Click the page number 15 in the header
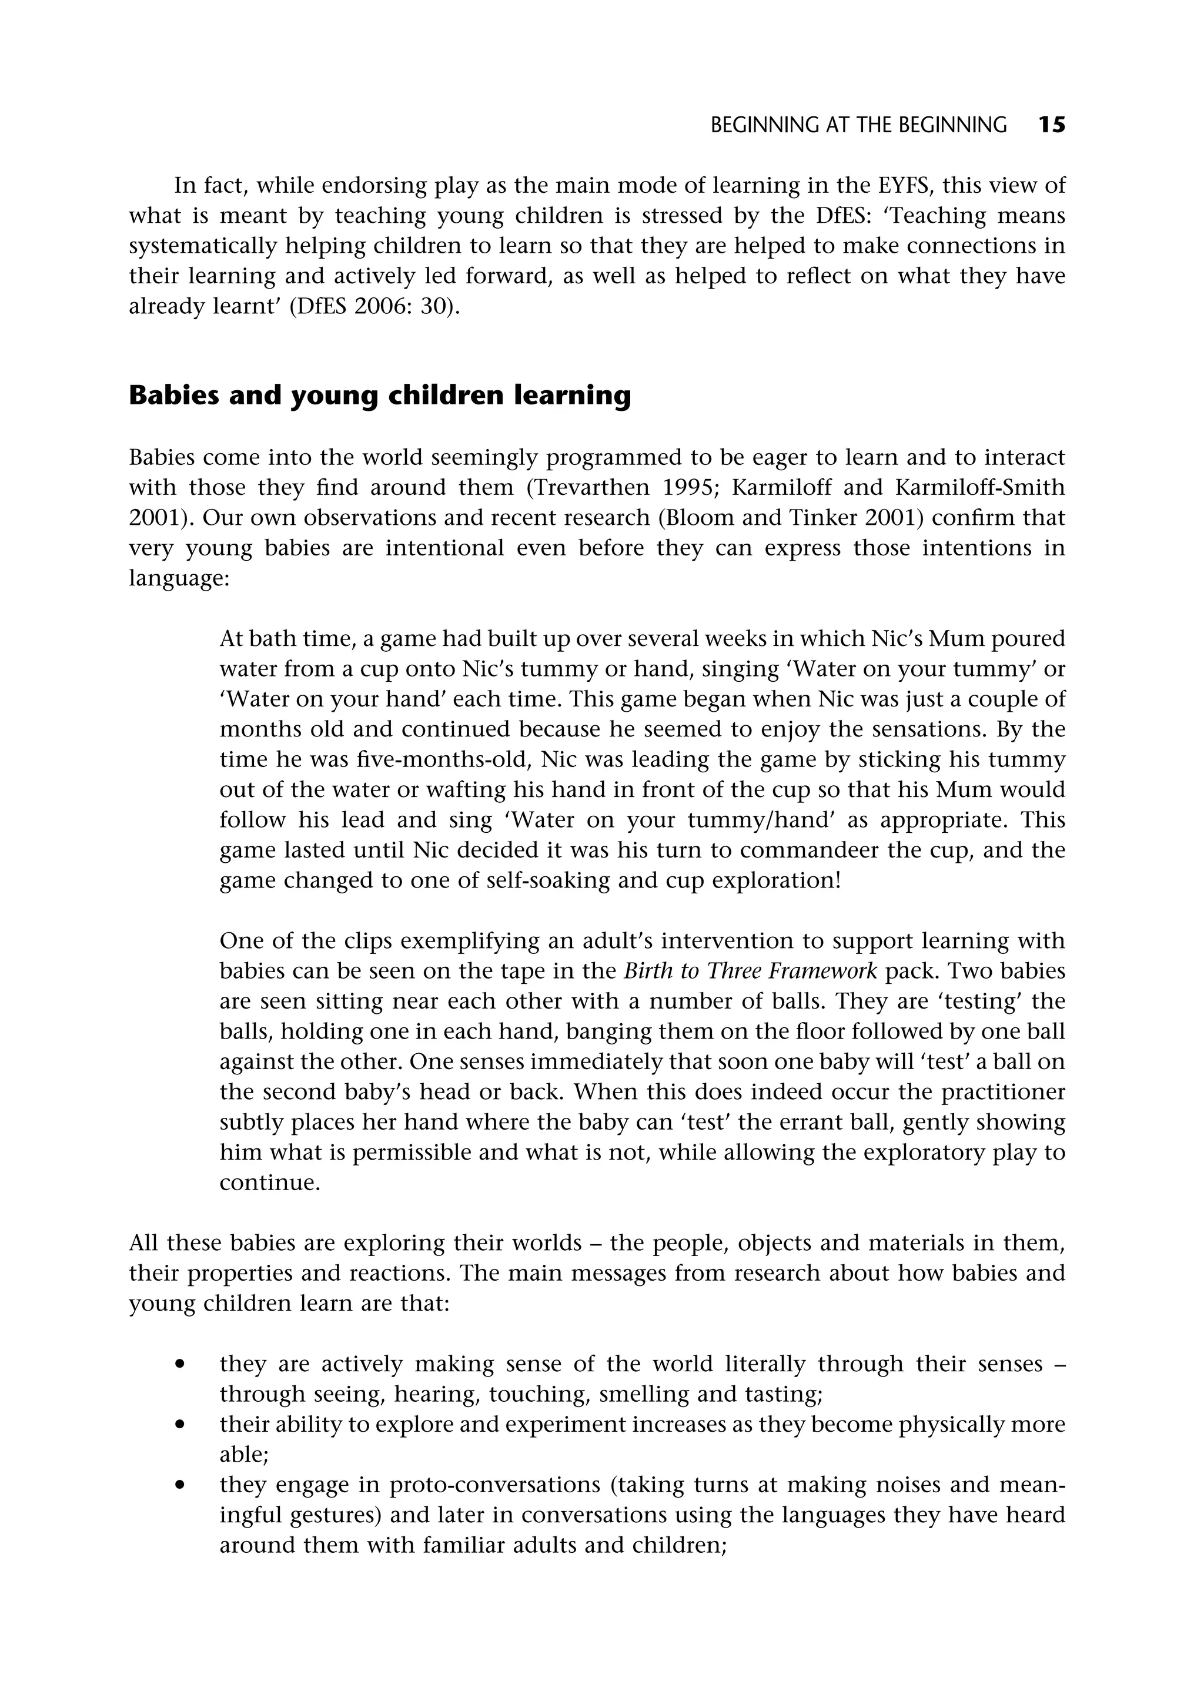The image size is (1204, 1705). point(1051,125)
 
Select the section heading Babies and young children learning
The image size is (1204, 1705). point(380,395)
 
